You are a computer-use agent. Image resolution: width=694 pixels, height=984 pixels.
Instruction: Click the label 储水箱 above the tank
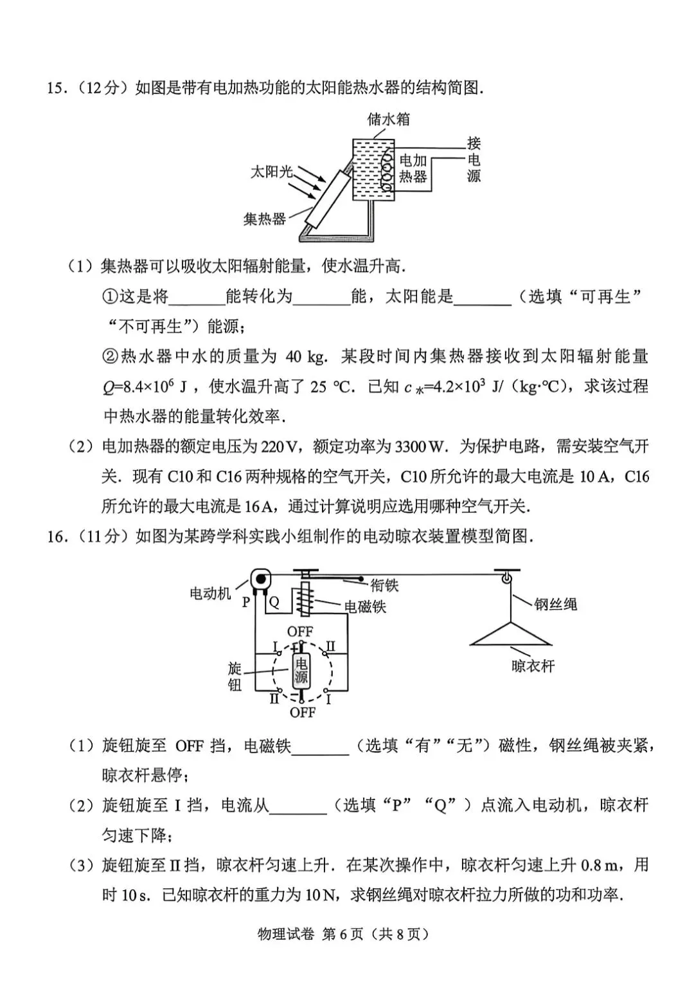pos(388,119)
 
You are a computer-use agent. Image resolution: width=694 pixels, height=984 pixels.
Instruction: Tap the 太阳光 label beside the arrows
pos(271,172)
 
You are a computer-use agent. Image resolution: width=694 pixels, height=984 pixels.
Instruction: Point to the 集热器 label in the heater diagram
pos(265,219)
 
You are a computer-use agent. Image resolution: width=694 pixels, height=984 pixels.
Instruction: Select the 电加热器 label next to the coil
pos(413,169)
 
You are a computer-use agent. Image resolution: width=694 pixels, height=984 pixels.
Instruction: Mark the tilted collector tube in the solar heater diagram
pos(329,199)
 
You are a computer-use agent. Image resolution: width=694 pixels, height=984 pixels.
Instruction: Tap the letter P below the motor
pos(246,602)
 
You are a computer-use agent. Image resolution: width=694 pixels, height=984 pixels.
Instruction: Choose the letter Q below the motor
pos(274,602)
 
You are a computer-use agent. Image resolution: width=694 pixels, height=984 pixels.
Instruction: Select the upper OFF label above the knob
pos(300,632)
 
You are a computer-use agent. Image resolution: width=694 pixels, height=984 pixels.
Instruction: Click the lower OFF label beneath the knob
pos(303,712)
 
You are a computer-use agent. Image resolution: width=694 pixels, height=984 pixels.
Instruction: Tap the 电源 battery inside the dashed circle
pos(301,671)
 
